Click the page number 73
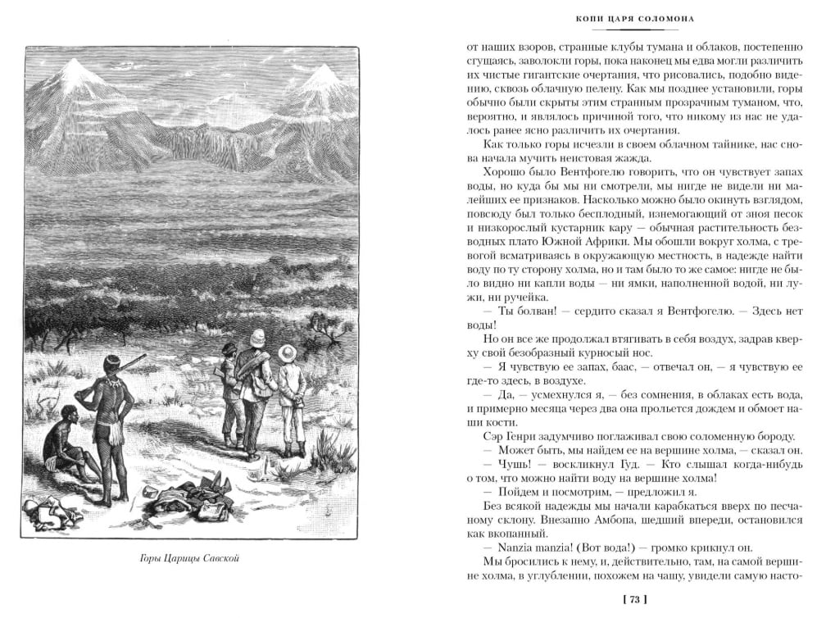click(634, 600)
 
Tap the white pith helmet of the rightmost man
click(288, 352)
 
